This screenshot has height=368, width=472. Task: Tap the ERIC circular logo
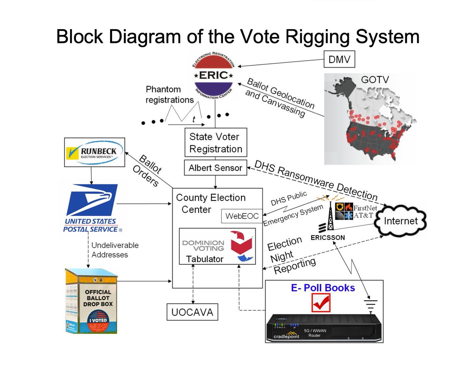(x=215, y=74)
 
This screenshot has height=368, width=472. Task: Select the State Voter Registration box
(x=216, y=143)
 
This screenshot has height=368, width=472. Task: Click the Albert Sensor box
(x=216, y=168)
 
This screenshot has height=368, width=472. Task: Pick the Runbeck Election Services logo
(x=94, y=152)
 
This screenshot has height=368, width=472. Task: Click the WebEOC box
(x=242, y=216)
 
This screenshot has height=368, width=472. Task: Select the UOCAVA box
(x=192, y=312)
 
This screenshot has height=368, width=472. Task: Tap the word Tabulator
(x=205, y=259)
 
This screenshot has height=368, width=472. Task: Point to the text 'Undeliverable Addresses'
(x=115, y=250)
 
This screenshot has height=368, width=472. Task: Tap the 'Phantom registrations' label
(x=170, y=94)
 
